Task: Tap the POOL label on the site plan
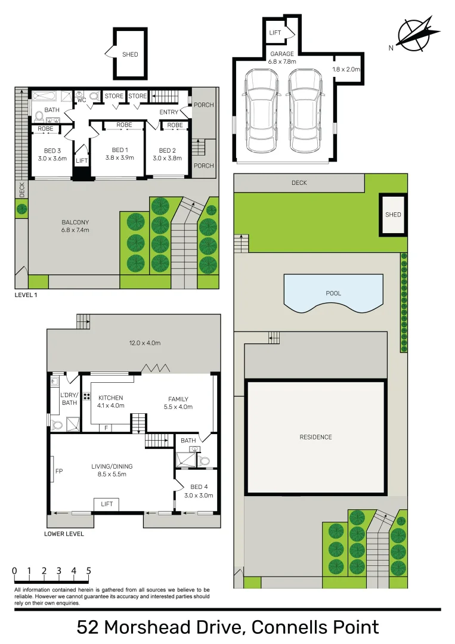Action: (x=333, y=293)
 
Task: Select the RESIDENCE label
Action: (x=315, y=437)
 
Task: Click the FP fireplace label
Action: (x=59, y=471)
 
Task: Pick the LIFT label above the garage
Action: (x=275, y=33)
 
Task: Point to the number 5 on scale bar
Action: (x=89, y=571)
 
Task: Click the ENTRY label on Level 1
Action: (x=169, y=112)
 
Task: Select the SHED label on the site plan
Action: (x=393, y=215)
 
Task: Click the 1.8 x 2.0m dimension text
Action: (x=346, y=69)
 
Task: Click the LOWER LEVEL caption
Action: (x=64, y=534)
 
